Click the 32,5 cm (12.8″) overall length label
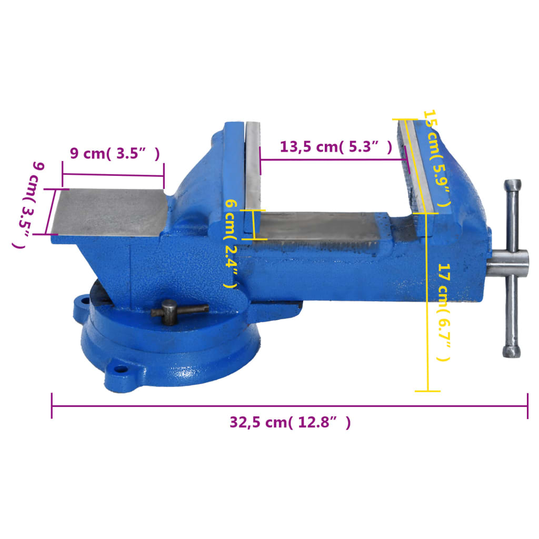coord(290,422)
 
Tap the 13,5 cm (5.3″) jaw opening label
coord(336,147)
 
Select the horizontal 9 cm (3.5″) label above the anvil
coord(114,153)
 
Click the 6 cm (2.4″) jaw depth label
coord(231,243)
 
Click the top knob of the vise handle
coord(512,186)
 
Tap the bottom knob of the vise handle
coord(511,351)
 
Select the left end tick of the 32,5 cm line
coord(52,406)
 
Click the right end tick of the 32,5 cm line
coord(527,406)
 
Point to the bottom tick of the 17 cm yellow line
coord(427,391)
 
